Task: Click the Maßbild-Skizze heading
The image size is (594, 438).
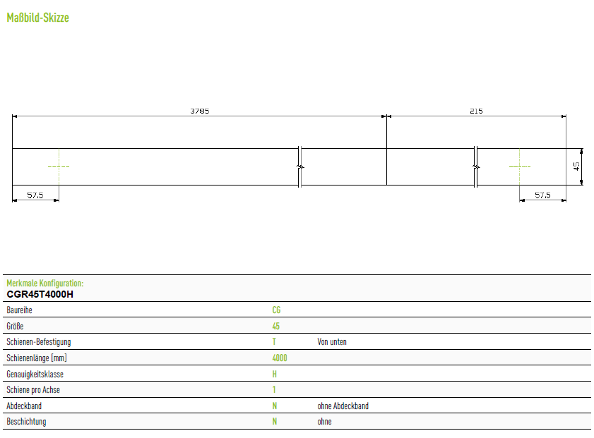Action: (38, 18)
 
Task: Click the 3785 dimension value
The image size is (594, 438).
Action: (200, 111)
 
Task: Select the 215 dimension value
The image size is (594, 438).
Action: (476, 111)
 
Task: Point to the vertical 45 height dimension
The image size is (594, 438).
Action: (576, 166)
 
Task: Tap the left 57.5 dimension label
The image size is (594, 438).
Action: (35, 195)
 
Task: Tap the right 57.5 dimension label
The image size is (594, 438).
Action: (542, 195)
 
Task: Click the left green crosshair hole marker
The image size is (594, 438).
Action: (59, 166)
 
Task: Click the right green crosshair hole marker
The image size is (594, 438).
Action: (519, 166)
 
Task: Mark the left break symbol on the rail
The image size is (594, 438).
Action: (299, 166)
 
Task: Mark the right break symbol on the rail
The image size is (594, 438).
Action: (476, 166)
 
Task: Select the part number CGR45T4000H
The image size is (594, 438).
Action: (40, 294)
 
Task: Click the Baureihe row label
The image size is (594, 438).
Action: (19, 310)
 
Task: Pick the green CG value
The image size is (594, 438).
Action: (276, 310)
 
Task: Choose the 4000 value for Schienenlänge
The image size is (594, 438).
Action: (280, 358)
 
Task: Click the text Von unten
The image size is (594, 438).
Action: (332, 342)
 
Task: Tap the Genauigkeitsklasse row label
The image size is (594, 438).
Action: (35, 374)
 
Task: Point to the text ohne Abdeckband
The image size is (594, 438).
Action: (343, 406)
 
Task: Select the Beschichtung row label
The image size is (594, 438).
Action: (26, 422)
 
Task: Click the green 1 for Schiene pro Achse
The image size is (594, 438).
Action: (274, 389)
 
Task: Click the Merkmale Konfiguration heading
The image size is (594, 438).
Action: (45, 284)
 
